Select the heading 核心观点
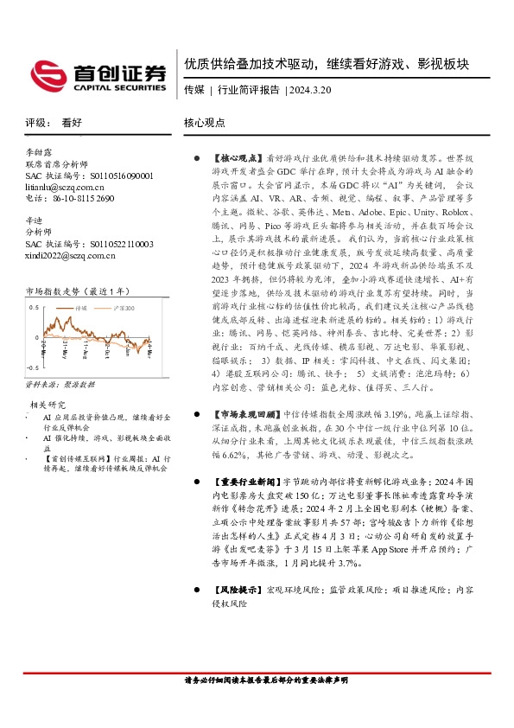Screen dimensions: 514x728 tap(205, 124)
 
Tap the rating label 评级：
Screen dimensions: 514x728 tap(37, 124)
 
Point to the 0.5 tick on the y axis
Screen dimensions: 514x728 tap(34, 307)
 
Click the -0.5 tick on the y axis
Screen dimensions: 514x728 tap(33, 367)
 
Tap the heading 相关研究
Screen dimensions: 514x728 tap(48, 405)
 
